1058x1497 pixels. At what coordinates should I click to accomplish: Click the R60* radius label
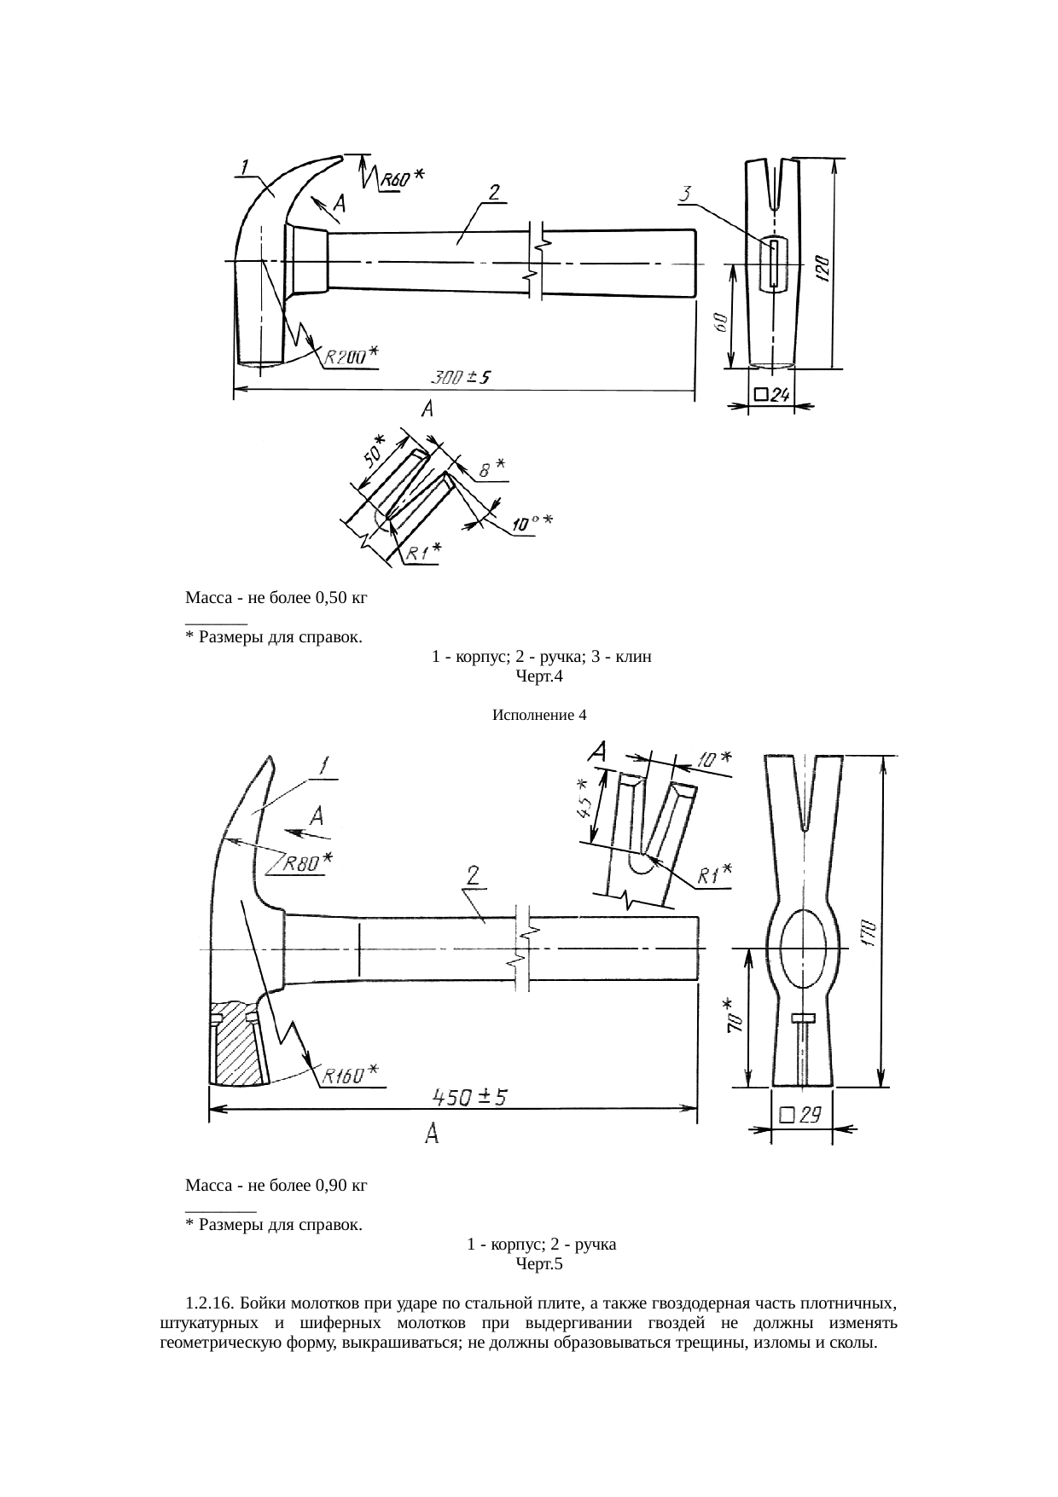coord(402,179)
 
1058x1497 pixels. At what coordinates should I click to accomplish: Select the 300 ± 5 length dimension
coord(459,377)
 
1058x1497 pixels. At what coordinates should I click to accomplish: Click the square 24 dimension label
coord(772,394)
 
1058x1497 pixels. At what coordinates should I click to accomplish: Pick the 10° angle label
coord(532,521)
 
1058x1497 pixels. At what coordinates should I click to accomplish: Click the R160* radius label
coord(352,1074)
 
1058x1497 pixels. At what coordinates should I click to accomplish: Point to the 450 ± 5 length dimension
coord(468,1097)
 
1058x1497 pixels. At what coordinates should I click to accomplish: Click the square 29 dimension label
coord(800,1114)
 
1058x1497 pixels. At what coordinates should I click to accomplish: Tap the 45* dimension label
coord(584,798)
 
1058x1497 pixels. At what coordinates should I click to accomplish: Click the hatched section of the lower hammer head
coord(238,1045)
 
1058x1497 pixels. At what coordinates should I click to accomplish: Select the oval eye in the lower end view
coord(801,948)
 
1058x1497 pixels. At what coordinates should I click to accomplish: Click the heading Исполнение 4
coord(539,715)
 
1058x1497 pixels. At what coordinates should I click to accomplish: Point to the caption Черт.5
coord(539,1264)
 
